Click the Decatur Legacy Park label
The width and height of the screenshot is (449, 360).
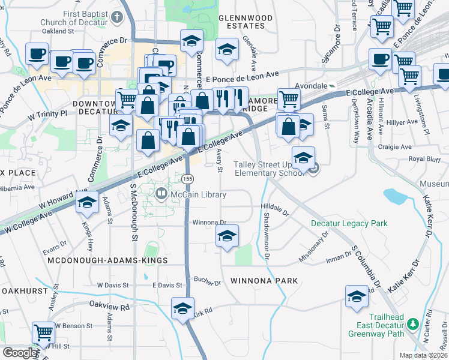click(349, 223)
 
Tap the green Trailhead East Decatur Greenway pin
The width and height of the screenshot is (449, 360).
click(412, 325)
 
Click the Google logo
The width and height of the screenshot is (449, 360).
click(19, 353)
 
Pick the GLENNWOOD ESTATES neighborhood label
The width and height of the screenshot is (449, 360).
click(242, 22)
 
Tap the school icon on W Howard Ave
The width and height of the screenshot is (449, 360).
click(87, 202)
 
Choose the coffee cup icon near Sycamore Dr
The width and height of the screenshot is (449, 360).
click(380, 59)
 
